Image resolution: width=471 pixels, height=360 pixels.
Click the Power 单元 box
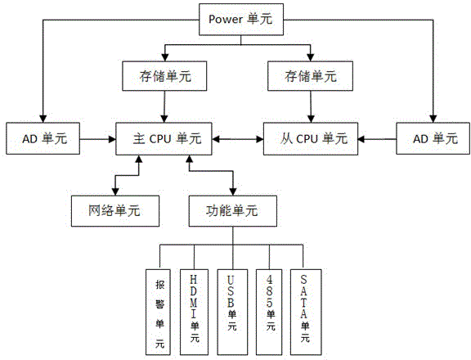pyautogui.click(x=241, y=20)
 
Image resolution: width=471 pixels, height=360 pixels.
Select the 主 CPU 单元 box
pyautogui.click(x=164, y=139)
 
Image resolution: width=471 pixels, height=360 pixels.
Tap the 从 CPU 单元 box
pyautogui.click(x=311, y=139)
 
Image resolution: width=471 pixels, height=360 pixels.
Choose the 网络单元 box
pyautogui.click(x=115, y=211)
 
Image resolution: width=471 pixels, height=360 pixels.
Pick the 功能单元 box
pyautogui.click(x=233, y=211)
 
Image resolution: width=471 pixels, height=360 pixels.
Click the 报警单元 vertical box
pyautogui.click(x=158, y=312)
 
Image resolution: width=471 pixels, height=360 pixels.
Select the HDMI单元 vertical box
pyautogui.click(x=194, y=312)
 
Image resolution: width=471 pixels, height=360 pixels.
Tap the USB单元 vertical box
pyautogui.click(x=232, y=312)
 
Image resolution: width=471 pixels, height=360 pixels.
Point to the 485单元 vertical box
pyautogui.click(x=270, y=312)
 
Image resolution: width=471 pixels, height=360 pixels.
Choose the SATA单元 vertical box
pyautogui.click(x=306, y=312)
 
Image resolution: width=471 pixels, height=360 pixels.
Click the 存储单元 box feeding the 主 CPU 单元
pyautogui.click(x=164, y=76)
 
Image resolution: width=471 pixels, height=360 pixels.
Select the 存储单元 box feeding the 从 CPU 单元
pyautogui.click(x=310, y=76)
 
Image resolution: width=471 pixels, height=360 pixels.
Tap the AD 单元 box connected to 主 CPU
pyautogui.click(x=43, y=138)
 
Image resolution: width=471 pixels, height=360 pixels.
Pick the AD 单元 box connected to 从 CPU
pyautogui.click(x=433, y=138)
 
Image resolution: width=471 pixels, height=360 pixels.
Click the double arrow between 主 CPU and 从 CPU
pyautogui.click(x=238, y=139)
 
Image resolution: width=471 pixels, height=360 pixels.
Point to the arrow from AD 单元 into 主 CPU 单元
pyautogui.click(x=98, y=139)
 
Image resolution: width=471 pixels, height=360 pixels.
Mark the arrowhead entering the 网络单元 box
pyautogui.click(x=115, y=192)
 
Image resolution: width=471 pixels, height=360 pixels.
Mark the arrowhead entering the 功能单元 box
pyautogui.click(x=233, y=192)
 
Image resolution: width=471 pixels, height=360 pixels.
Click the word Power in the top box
pyautogui.click(x=226, y=20)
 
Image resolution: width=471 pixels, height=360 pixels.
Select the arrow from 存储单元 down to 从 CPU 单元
pyautogui.click(x=311, y=106)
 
